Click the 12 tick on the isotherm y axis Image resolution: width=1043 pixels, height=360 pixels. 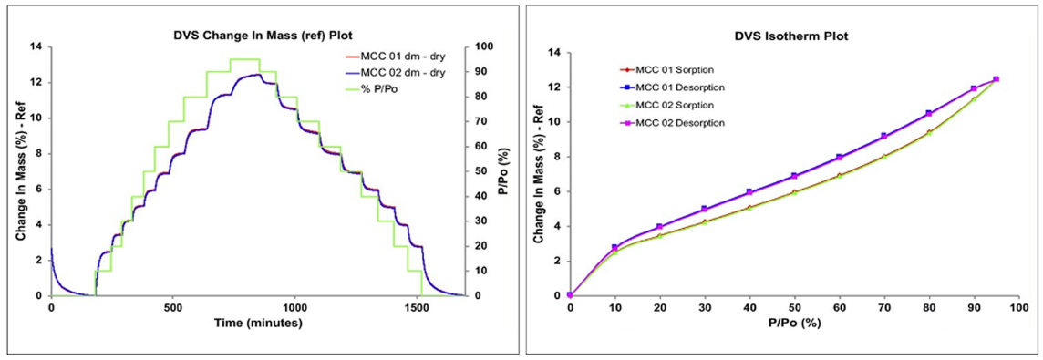555,87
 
